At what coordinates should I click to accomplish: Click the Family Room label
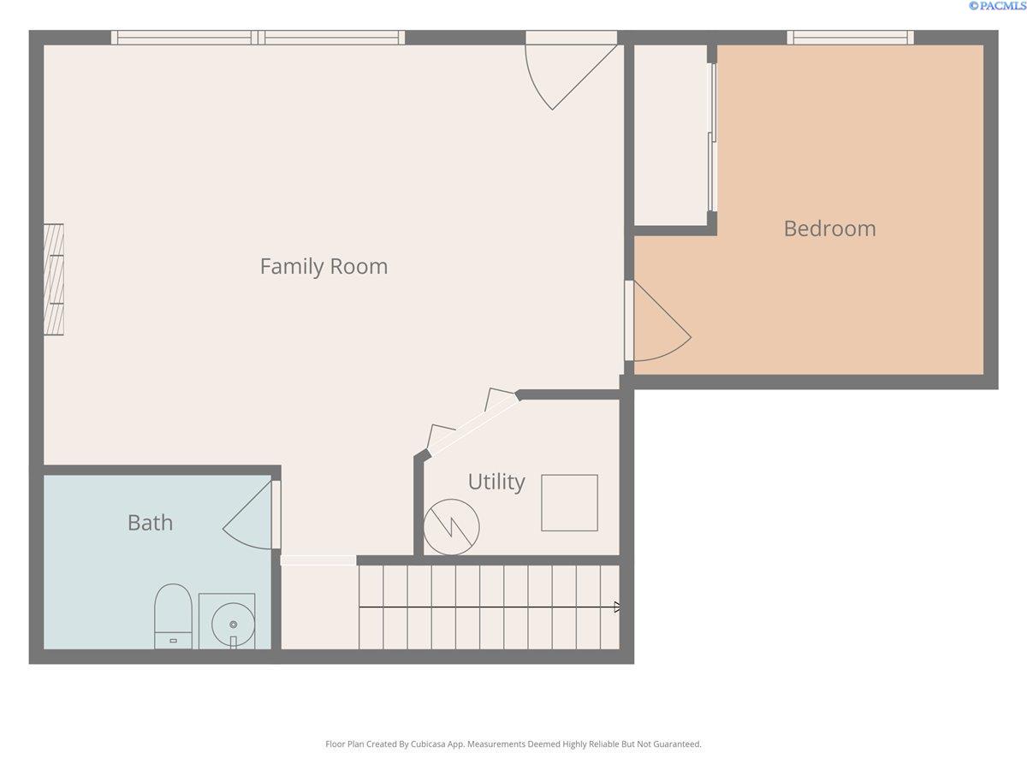(324, 266)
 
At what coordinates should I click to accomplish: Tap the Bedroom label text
(829, 228)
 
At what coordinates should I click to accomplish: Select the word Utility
(496, 482)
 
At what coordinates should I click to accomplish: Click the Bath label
(150, 522)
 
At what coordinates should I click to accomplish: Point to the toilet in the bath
(173, 615)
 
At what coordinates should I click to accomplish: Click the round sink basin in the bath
(233, 625)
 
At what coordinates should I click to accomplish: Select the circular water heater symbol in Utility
(451, 526)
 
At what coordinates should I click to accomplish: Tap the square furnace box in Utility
(569, 503)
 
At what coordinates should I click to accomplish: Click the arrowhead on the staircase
(617, 607)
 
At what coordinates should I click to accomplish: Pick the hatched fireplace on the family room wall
(54, 279)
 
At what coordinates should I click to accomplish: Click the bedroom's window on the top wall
(850, 38)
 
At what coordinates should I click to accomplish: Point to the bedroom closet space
(670, 135)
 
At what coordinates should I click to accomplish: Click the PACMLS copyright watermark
(996, 6)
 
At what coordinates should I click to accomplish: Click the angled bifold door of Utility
(472, 423)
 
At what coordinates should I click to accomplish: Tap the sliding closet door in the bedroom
(712, 137)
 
